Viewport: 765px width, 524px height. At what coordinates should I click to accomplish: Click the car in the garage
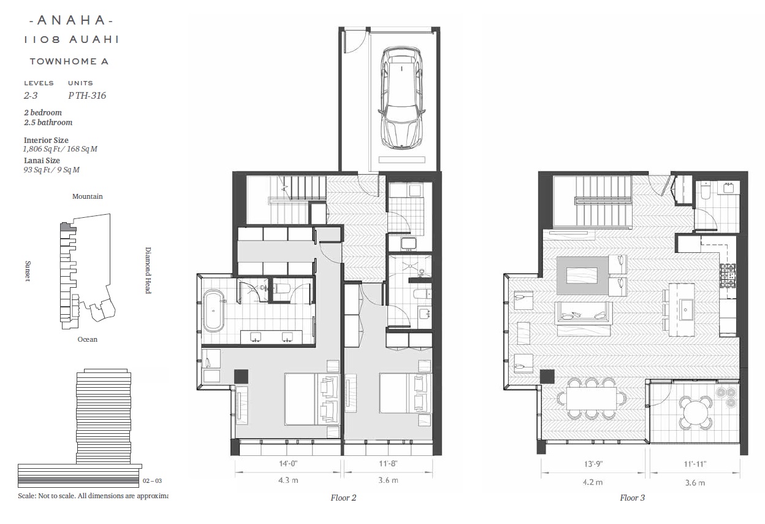(x=402, y=98)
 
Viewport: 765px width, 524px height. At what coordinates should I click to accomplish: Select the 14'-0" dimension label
(x=288, y=464)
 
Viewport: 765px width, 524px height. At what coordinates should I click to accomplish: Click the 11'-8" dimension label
(x=388, y=463)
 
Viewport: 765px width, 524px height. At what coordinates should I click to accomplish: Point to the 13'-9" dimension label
(x=593, y=464)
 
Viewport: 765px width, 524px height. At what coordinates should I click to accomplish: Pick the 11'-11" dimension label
(x=695, y=464)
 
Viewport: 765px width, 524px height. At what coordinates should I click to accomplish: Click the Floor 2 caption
(x=343, y=498)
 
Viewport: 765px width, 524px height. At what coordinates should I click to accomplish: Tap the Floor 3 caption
(x=633, y=498)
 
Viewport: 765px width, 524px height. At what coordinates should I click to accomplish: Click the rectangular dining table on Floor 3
(x=592, y=398)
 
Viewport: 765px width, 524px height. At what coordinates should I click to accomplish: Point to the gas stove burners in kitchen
(x=728, y=275)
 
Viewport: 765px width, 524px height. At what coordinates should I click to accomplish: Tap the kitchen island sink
(x=686, y=310)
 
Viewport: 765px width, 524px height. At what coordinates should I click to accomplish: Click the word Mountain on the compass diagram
(x=88, y=196)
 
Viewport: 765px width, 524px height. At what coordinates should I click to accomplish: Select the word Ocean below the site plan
(x=88, y=339)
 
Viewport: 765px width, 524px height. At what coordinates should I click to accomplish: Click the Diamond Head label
(x=148, y=271)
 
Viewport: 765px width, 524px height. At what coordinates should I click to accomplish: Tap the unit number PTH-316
(x=87, y=95)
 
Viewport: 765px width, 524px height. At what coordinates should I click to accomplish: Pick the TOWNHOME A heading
(x=69, y=61)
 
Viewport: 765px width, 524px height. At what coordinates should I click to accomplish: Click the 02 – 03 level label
(x=152, y=480)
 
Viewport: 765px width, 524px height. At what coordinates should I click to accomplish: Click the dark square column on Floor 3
(x=547, y=376)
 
